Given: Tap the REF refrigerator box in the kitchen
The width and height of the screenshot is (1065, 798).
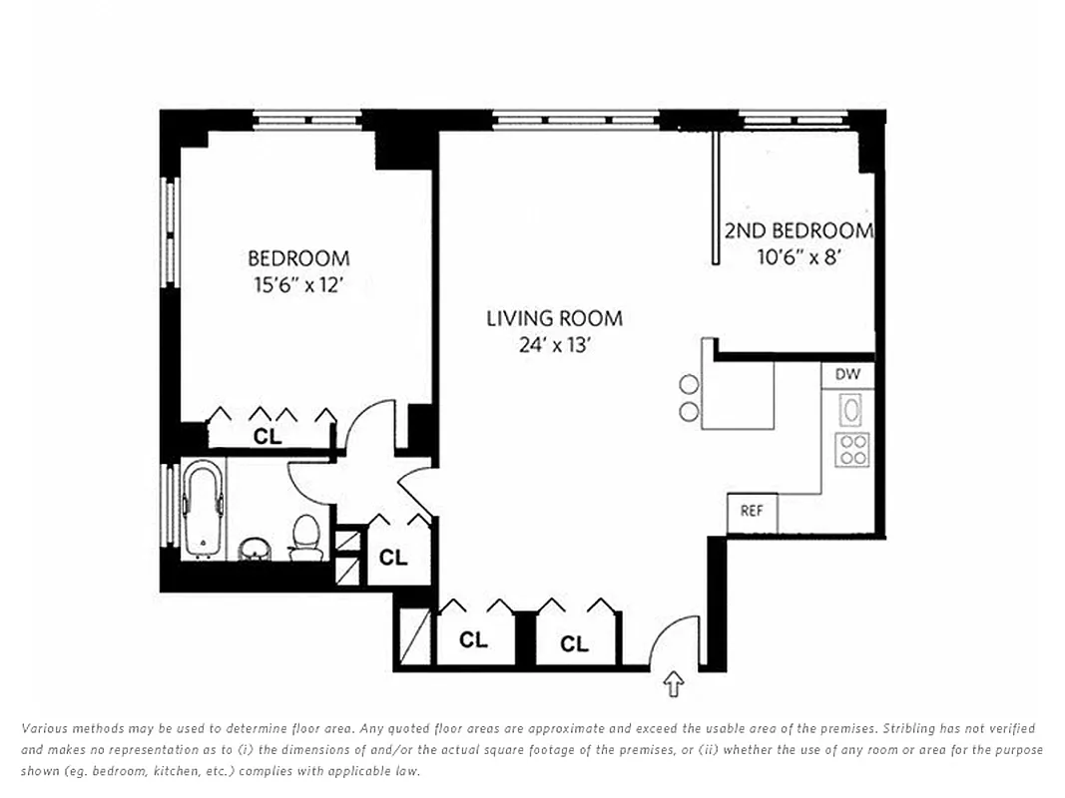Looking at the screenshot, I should click(752, 511).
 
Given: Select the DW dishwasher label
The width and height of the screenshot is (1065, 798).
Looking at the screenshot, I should click(847, 375).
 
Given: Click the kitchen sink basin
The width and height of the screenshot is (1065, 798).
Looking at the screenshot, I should click(851, 409).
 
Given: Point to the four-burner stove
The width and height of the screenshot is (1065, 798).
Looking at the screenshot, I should click(851, 449).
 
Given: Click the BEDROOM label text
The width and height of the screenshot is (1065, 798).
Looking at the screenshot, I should click(298, 258).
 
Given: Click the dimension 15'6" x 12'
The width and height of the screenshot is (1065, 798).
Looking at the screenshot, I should click(298, 285).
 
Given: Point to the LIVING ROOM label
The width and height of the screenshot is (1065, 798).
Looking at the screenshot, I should click(554, 318).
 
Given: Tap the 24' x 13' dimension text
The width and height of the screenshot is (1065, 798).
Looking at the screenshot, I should click(554, 345).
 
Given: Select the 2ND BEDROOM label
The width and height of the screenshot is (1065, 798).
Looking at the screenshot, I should click(799, 230).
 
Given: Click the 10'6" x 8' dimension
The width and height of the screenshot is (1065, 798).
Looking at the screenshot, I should click(801, 255).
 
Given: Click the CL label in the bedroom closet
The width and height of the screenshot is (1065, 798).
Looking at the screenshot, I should click(266, 436).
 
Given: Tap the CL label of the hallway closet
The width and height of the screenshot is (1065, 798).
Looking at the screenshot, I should click(393, 558).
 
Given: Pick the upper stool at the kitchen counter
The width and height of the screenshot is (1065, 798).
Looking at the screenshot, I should click(689, 384).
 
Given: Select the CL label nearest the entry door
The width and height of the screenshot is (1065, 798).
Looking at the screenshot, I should click(574, 644).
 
